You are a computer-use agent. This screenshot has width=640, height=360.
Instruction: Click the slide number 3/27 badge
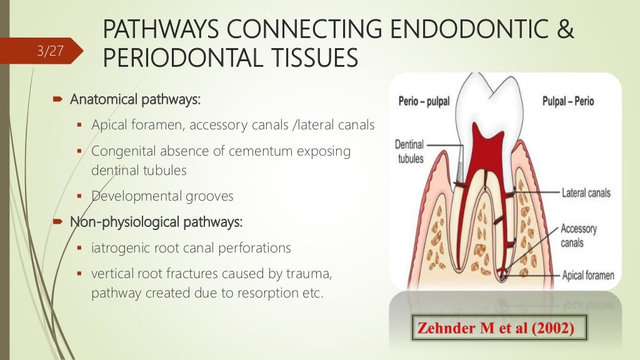pyautogui.click(x=51, y=51)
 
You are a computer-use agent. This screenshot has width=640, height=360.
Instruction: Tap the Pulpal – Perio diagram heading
pyautogui.click(x=568, y=101)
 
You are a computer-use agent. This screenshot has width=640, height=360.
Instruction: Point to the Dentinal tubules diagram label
pyautogui.click(x=410, y=151)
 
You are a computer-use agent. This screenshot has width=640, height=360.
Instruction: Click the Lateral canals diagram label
pyautogui.click(x=586, y=193)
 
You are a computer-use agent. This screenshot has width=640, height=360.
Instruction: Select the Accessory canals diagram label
pyautogui.click(x=578, y=235)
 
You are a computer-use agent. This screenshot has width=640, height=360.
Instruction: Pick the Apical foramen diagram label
pyautogui.click(x=587, y=276)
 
